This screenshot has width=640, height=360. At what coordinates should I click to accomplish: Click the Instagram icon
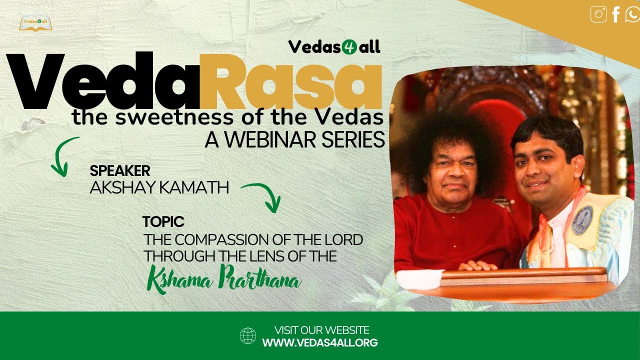click(x=598, y=14)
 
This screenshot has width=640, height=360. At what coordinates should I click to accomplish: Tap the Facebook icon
click(x=616, y=14)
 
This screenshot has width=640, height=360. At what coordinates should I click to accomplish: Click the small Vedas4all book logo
click(x=36, y=23)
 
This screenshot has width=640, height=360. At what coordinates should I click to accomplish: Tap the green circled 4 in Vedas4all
click(x=341, y=47)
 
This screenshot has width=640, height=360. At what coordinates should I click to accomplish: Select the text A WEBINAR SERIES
click(x=294, y=139)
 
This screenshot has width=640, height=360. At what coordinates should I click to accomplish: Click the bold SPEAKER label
click(x=120, y=171)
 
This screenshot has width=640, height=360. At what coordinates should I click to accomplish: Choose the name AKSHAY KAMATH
click(x=159, y=188)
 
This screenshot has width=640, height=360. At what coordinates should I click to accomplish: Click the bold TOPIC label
click(x=163, y=221)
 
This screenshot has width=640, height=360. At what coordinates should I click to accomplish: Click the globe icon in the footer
click(x=248, y=335)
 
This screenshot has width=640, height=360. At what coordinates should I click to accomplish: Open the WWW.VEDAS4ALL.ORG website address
click(x=320, y=343)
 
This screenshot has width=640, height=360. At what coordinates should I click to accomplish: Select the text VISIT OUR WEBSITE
click(x=321, y=330)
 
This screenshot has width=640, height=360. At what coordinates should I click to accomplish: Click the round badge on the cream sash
click(x=582, y=220)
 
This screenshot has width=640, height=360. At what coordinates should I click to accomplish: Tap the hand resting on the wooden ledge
click(x=477, y=265)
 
